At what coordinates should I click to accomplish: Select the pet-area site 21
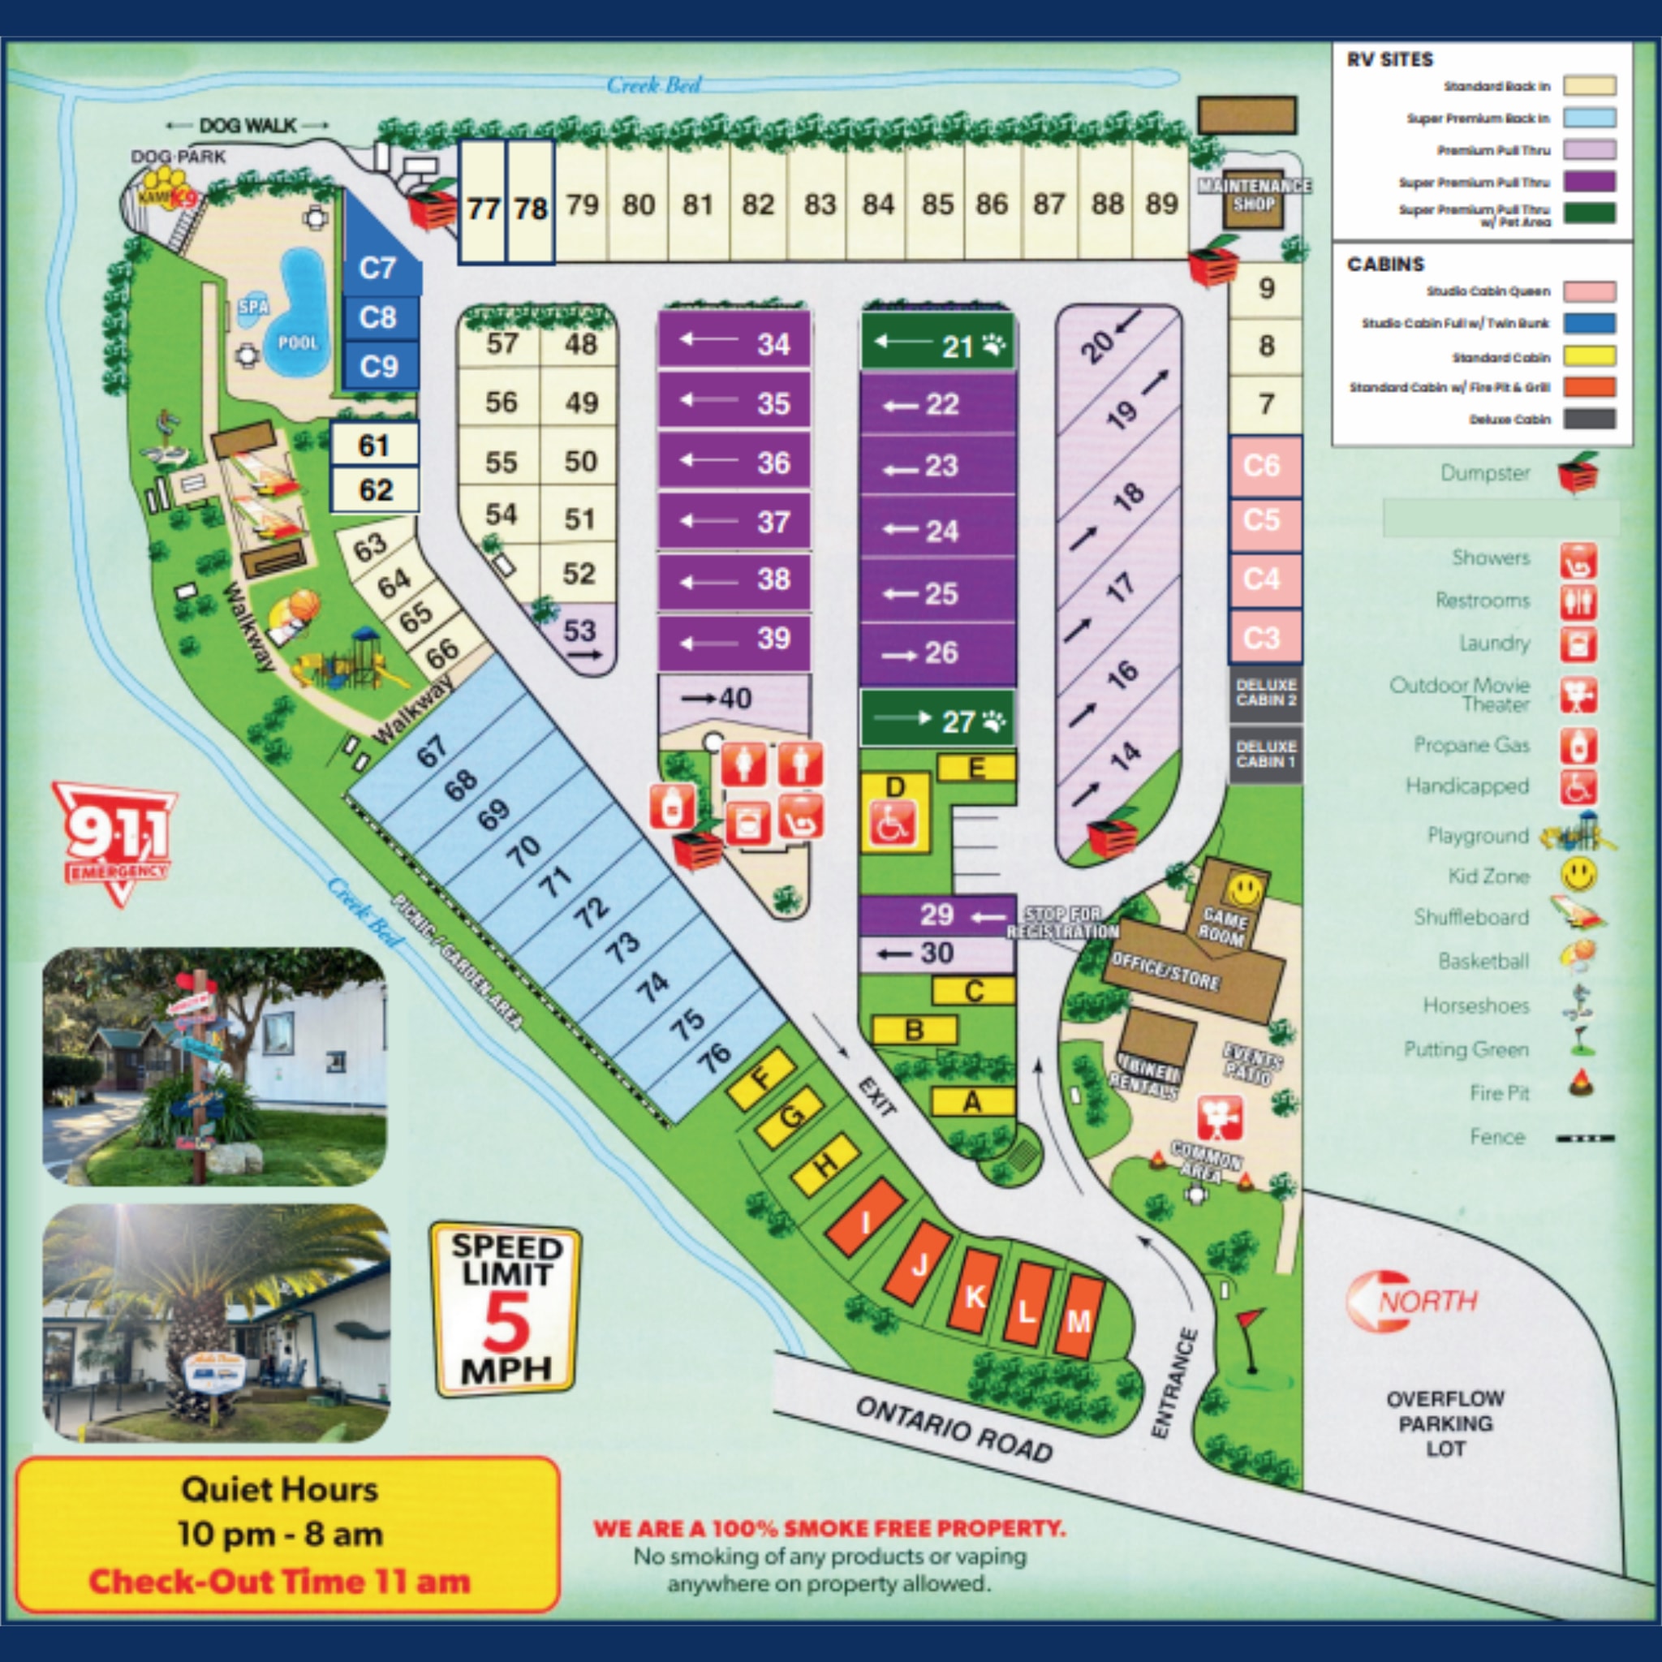click(x=937, y=346)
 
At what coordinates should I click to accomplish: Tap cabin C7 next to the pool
click(x=377, y=268)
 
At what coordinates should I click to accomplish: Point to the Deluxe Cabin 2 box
click(x=1265, y=692)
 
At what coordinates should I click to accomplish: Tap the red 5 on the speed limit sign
click(x=506, y=1323)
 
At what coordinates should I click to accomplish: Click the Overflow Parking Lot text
click(x=1445, y=1423)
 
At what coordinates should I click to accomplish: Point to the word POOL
click(x=298, y=342)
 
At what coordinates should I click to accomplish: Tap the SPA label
click(x=254, y=306)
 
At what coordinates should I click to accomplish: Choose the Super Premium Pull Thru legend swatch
click(x=1589, y=182)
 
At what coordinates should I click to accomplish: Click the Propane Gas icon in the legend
click(x=1578, y=745)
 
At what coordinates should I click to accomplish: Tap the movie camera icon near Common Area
click(x=1220, y=1118)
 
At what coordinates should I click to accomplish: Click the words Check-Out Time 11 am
click(x=280, y=1581)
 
